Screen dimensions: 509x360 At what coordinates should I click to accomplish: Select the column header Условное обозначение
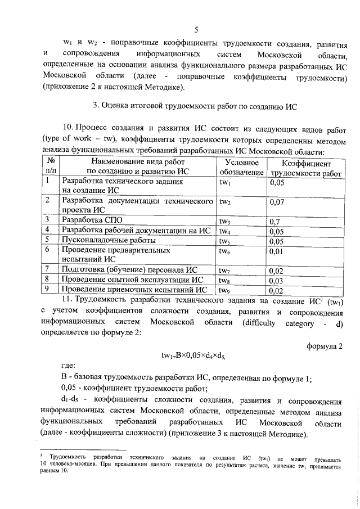pos(242,166)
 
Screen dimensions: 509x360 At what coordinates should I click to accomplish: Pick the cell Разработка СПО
pos(92,220)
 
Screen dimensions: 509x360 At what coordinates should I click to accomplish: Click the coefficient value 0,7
pos(275,220)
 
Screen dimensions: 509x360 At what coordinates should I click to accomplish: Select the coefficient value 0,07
pos(277,201)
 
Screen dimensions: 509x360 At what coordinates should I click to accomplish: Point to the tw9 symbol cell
pos(226,290)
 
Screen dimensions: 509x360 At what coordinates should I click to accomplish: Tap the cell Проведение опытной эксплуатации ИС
pos(132,280)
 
